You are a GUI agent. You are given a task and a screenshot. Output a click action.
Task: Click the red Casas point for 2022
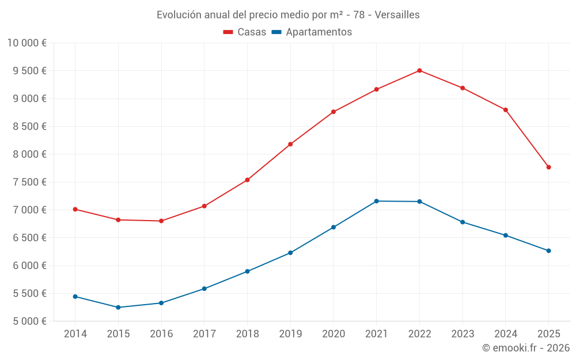tap(419, 70)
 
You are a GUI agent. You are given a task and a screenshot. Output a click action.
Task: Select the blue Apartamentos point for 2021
tap(376, 201)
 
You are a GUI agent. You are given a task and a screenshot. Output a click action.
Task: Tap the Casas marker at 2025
tap(548, 167)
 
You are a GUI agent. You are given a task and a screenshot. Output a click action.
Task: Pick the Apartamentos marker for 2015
tap(118, 307)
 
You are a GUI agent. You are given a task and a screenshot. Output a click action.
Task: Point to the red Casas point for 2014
tap(75, 209)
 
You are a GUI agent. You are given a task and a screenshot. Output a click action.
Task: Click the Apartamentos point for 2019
tap(290, 253)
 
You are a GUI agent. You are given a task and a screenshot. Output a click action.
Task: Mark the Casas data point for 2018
tap(247, 180)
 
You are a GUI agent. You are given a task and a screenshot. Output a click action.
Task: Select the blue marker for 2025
tap(548, 251)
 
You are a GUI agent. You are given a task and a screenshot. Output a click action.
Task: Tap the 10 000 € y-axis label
tap(27, 43)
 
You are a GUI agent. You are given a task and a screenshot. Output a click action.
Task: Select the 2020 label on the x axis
tap(334, 334)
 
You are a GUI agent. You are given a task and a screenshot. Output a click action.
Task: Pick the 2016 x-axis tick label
tap(161, 334)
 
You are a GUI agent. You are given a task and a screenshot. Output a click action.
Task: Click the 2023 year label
tap(463, 334)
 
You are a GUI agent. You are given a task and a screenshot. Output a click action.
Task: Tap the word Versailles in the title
tap(397, 14)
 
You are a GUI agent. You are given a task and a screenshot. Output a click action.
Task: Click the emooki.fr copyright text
tap(525, 348)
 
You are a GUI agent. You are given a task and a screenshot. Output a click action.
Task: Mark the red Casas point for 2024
tap(505, 109)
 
